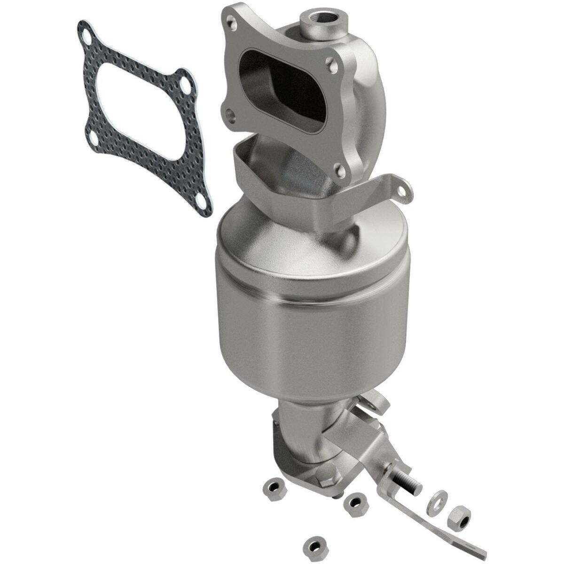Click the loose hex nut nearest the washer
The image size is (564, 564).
tap(458, 517)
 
